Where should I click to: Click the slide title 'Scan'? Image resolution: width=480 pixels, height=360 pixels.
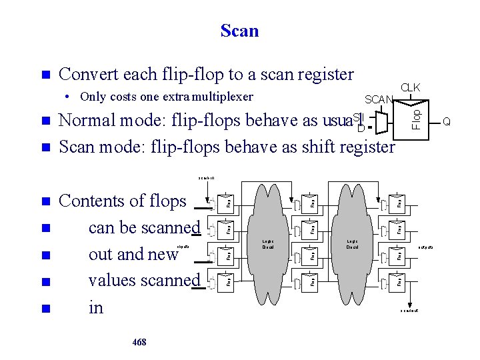point(239,31)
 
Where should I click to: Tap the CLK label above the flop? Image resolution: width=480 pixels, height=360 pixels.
point(410,87)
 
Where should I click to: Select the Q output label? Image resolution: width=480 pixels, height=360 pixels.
point(447,121)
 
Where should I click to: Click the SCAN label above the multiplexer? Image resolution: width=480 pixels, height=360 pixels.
point(379,99)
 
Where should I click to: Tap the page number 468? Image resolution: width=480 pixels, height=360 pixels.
point(139,342)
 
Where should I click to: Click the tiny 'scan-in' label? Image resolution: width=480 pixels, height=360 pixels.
point(206,178)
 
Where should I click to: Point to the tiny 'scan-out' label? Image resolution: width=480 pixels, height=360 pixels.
point(409,311)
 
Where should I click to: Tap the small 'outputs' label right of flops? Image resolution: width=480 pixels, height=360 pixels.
point(426,247)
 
